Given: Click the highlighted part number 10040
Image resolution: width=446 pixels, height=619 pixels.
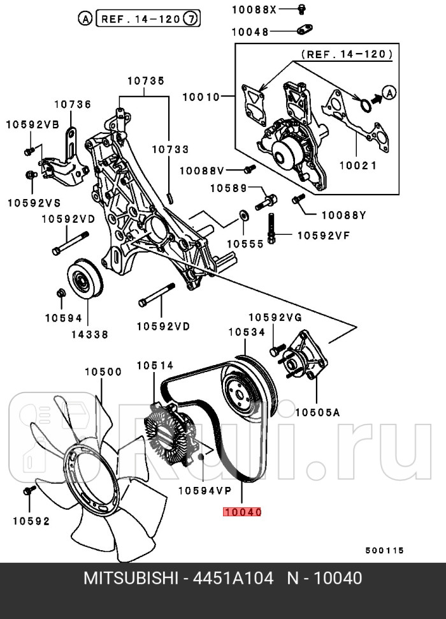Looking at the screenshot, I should point(242,512).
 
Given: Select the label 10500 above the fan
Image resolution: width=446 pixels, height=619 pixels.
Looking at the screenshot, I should point(103,371).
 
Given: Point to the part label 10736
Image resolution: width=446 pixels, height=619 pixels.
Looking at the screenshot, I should point(72,105).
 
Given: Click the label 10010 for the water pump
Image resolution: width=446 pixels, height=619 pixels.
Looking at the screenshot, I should point(201,97).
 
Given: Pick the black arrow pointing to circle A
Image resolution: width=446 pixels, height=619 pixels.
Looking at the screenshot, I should point(377,98).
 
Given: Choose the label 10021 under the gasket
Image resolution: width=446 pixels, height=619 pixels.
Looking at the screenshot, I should point(357,165).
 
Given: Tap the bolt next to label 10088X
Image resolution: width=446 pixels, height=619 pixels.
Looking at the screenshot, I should point(302,8).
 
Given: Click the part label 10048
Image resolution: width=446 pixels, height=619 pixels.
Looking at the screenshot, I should point(250,31).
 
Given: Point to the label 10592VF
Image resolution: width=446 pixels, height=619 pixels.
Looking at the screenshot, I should point(324,235).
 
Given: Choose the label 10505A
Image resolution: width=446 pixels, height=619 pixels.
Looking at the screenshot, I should point(317,412).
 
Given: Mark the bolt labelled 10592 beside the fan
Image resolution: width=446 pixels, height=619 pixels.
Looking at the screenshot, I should point(28,491).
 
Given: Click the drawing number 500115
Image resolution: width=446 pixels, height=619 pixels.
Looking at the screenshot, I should point(384,550).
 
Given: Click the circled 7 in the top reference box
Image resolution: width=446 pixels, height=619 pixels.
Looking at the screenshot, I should point(190,19).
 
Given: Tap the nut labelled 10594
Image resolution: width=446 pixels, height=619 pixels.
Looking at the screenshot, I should point(61,294).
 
